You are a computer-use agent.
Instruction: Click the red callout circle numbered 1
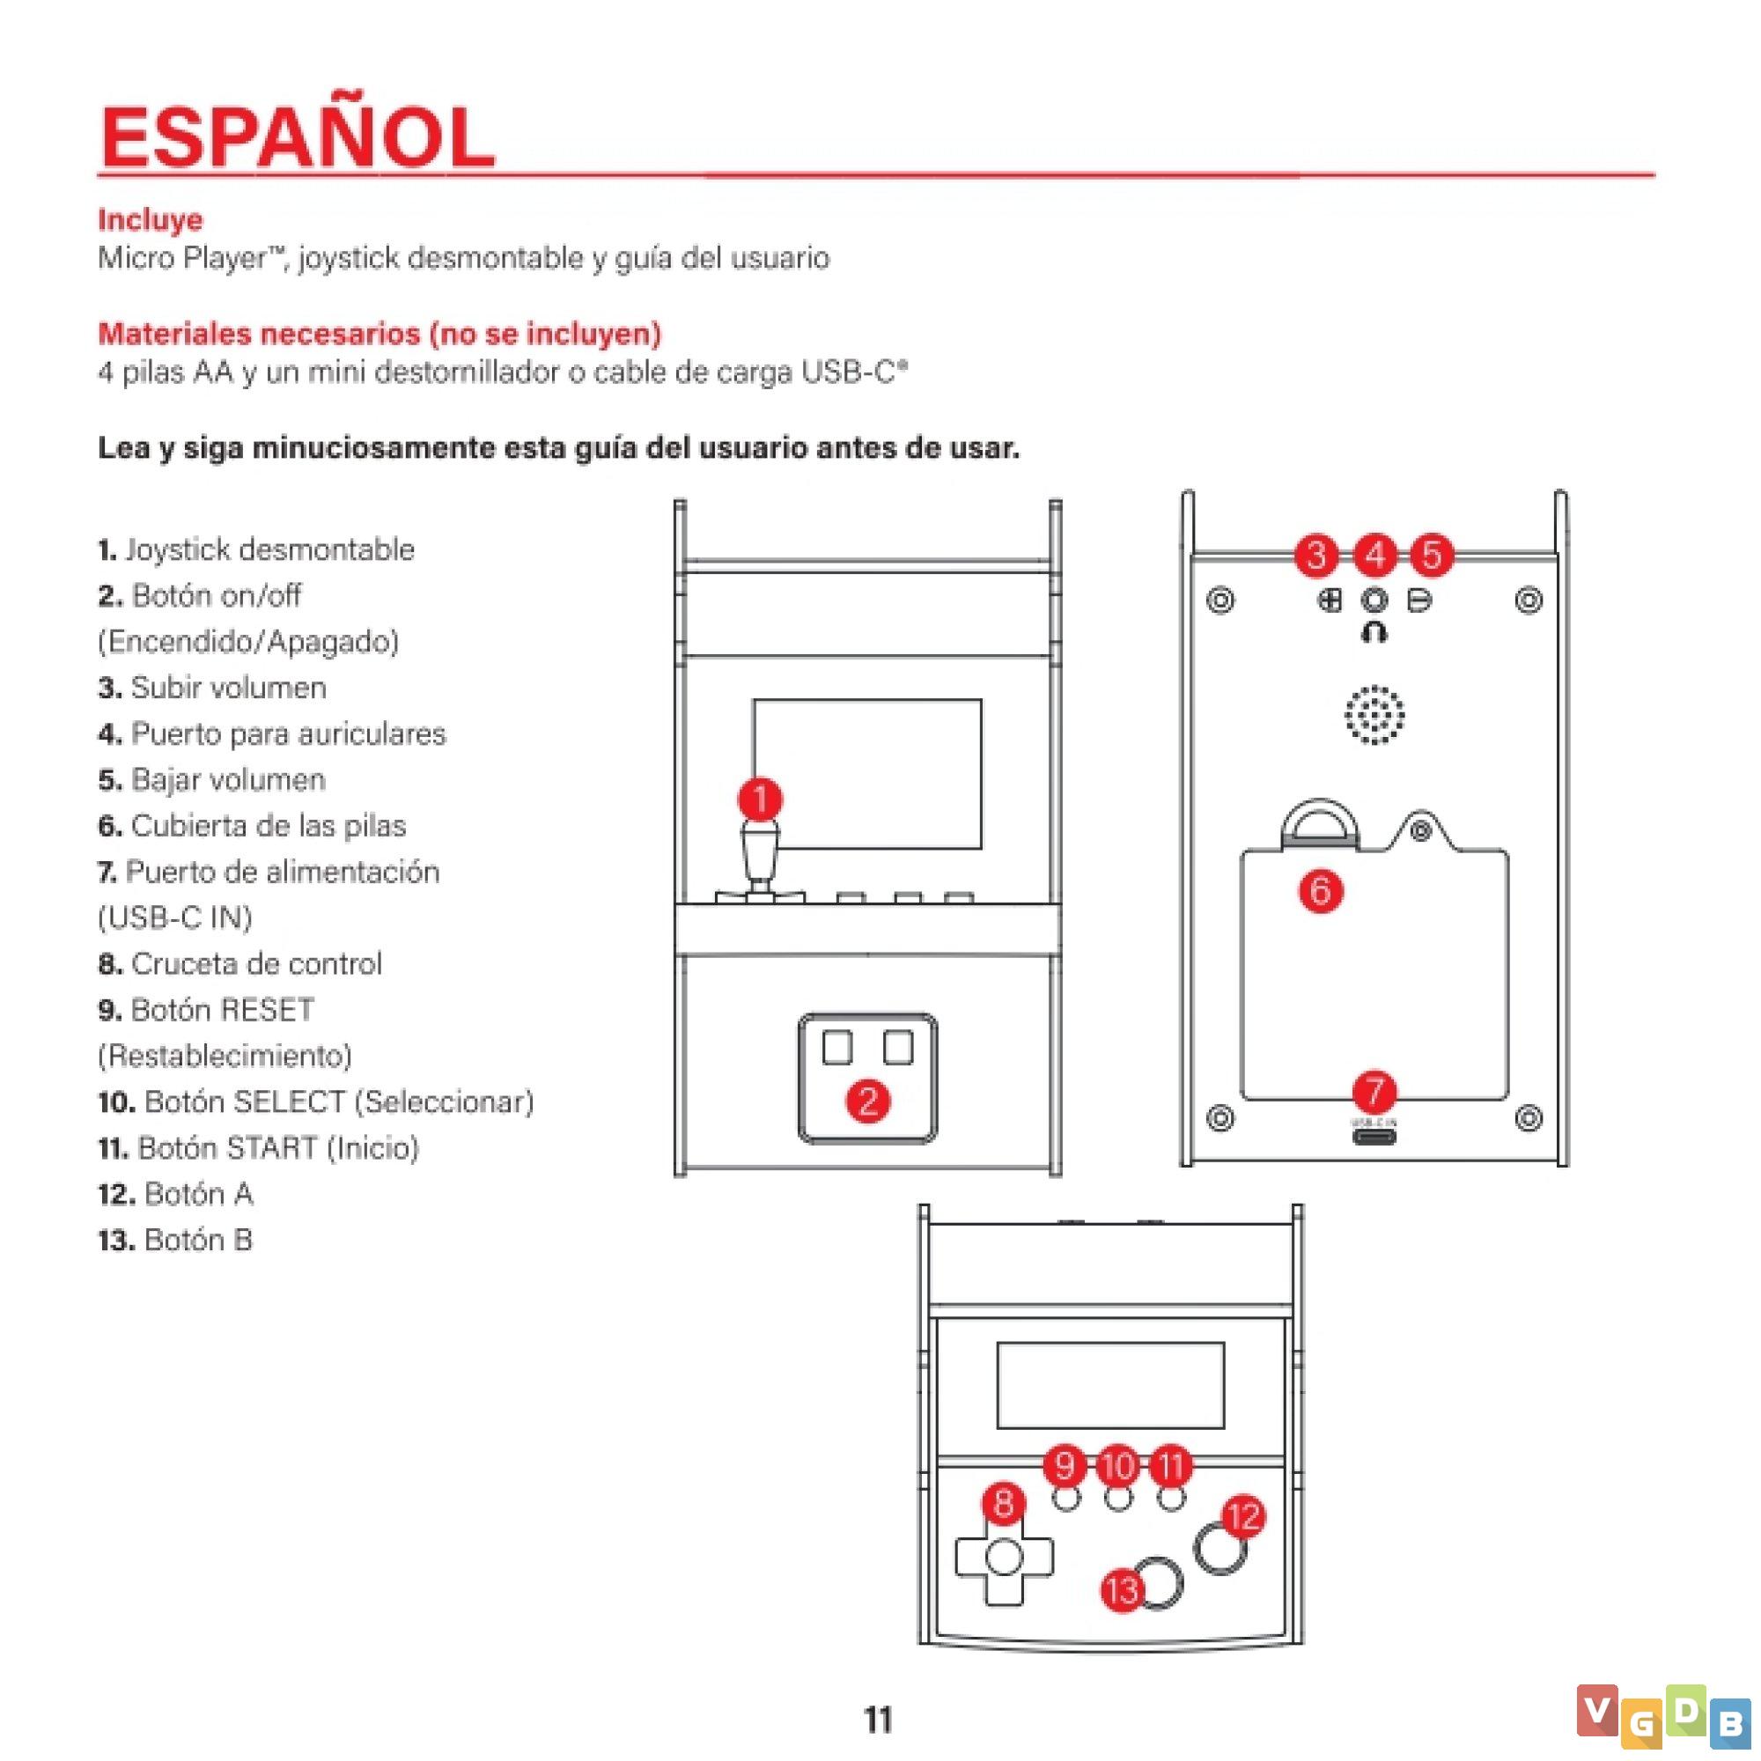coord(759,799)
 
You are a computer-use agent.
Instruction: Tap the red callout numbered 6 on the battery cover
coord(1321,890)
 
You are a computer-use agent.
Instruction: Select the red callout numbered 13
coord(1122,1590)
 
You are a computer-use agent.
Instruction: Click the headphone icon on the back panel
coord(1374,630)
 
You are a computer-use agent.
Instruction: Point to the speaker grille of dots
coord(1374,715)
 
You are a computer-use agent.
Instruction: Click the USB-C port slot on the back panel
coord(1374,1137)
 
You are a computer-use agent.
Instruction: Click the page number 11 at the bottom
coord(878,1720)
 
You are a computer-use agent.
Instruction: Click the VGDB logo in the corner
coord(1662,1716)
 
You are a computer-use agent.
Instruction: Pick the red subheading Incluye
coord(151,219)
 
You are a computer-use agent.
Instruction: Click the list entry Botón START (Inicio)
coord(259,1147)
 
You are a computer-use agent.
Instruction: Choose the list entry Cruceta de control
coord(239,963)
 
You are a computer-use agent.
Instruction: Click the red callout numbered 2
coord(868,1102)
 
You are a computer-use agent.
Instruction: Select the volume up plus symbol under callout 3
coord(1330,601)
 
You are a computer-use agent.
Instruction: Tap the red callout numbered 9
coord(1065,1465)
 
